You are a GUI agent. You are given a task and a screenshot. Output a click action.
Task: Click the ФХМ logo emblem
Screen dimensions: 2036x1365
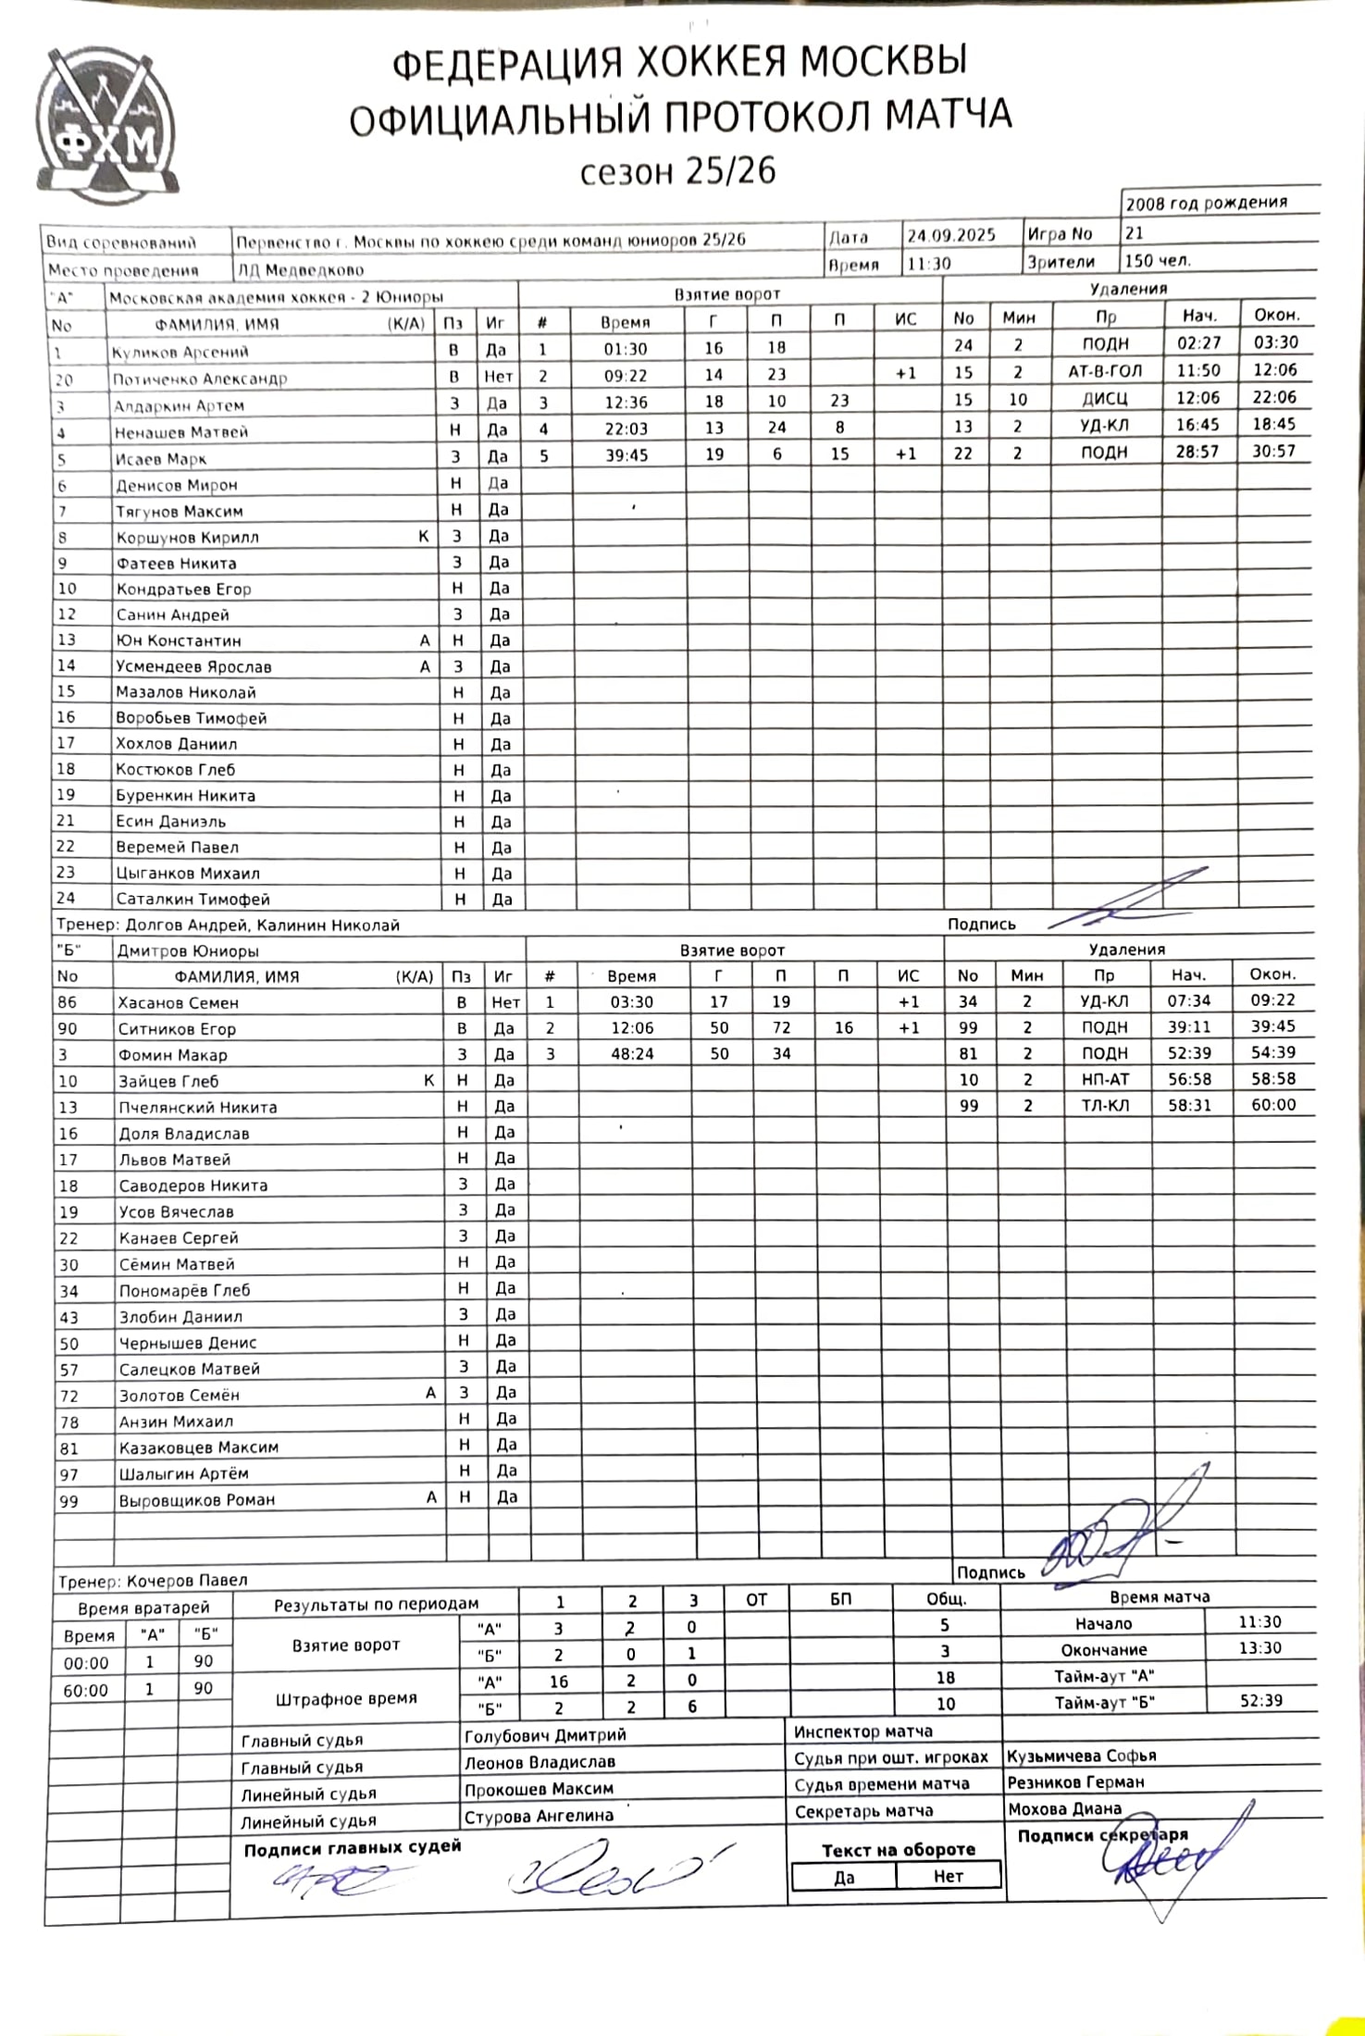click(106, 128)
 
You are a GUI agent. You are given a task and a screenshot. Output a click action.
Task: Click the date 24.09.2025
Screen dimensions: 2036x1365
click(950, 235)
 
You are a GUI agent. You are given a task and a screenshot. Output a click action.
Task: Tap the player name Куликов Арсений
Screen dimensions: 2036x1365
click(180, 352)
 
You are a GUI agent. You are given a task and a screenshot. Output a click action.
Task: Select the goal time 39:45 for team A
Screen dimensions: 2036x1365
click(626, 455)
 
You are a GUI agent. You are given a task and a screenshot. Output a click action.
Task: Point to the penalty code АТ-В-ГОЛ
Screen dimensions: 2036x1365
click(1105, 371)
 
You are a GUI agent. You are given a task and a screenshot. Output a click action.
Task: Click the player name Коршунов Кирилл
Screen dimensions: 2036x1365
click(187, 538)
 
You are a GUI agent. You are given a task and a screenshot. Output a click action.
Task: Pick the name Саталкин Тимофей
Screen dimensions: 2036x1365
click(192, 899)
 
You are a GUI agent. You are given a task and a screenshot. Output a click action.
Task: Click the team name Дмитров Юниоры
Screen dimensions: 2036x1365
click(188, 950)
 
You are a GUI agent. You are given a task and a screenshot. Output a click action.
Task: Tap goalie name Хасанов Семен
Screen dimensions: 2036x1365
click(178, 1002)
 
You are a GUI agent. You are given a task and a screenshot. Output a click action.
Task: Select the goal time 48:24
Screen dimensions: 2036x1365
click(633, 1054)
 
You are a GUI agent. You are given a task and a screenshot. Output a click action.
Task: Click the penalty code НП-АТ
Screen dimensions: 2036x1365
click(1105, 1079)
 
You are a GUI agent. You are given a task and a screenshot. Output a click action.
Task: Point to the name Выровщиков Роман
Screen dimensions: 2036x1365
click(196, 1500)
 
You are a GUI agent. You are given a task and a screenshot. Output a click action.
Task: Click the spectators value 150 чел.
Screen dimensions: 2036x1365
click(1158, 261)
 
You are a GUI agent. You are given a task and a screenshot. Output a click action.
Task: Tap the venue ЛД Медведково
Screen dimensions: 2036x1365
click(300, 270)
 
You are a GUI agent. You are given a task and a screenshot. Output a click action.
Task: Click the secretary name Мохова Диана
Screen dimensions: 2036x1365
click(1064, 1808)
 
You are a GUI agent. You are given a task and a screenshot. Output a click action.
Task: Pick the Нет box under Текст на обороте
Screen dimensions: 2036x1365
click(949, 1876)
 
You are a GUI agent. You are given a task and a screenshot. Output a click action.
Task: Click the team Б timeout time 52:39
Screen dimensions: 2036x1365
click(1260, 1700)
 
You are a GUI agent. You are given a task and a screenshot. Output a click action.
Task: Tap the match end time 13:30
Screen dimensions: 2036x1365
click(1260, 1647)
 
